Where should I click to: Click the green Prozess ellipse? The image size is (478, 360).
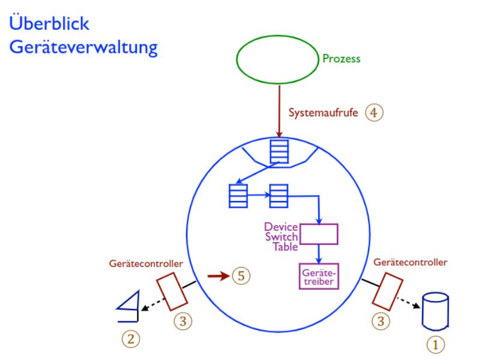click(277, 60)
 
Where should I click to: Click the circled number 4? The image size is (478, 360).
click(374, 112)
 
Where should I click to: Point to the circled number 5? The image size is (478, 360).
click(240, 277)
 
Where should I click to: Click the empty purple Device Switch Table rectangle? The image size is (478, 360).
click(319, 234)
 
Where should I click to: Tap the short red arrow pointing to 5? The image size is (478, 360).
click(218, 277)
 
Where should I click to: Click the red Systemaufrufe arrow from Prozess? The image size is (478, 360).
click(279, 111)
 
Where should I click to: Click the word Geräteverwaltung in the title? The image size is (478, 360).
click(83, 48)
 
